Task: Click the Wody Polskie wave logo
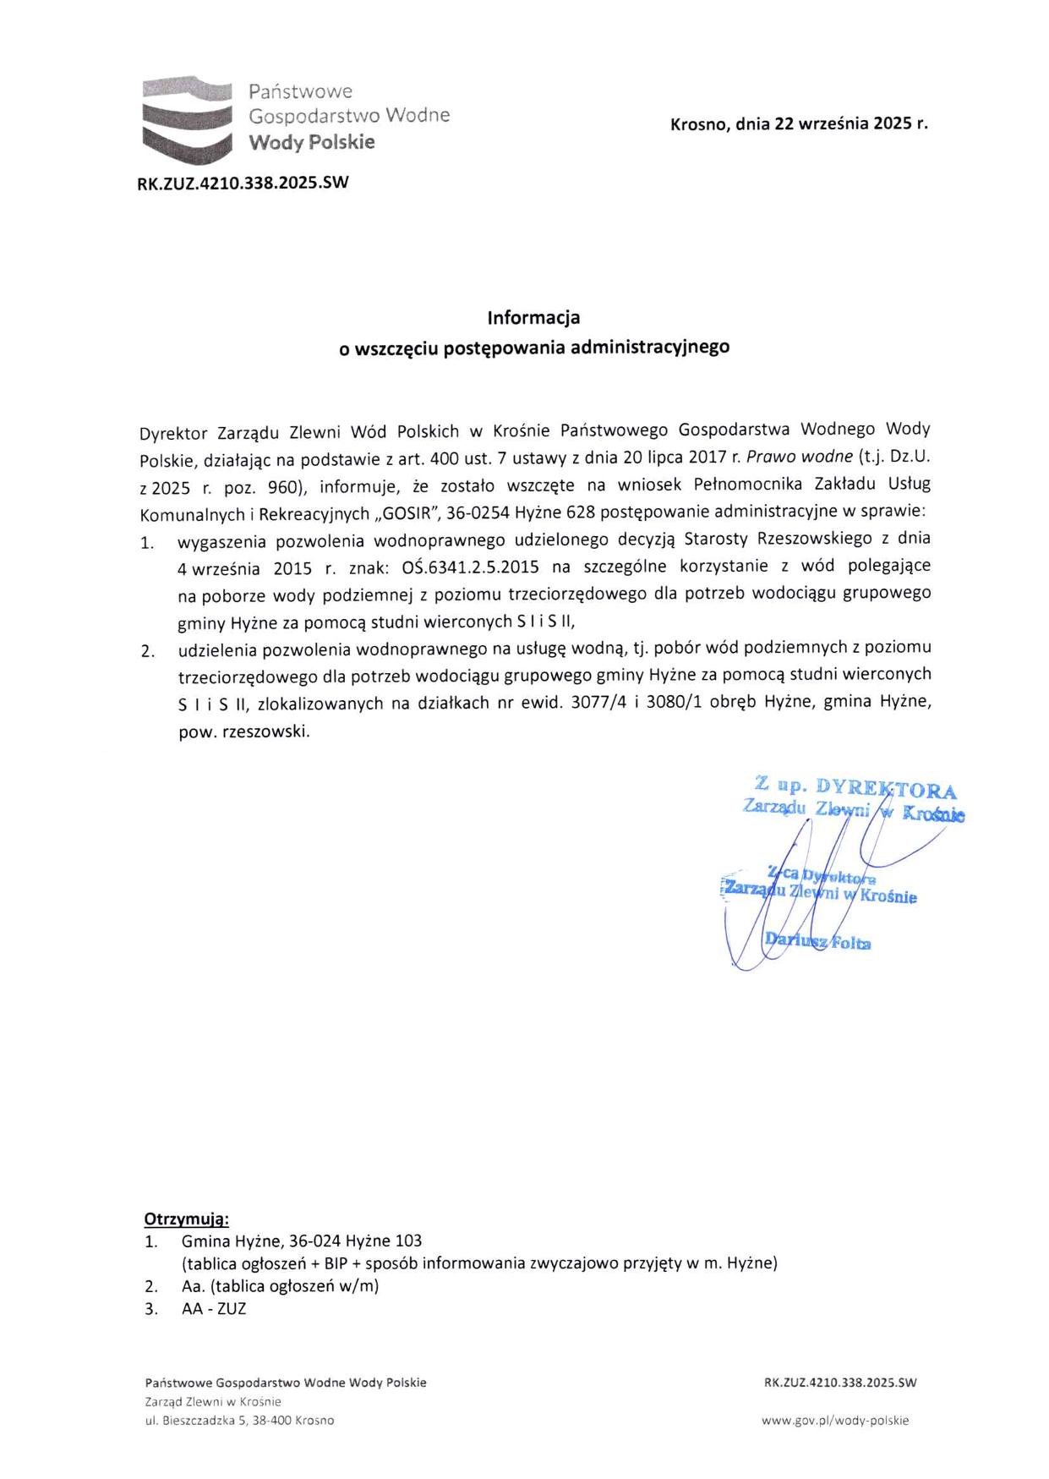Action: click(186, 118)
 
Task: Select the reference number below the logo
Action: click(243, 182)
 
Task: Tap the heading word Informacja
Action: click(533, 318)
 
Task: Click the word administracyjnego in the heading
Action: click(650, 347)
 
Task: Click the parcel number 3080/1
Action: click(674, 703)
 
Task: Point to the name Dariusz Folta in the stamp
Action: click(817, 941)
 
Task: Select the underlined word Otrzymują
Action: click(187, 1219)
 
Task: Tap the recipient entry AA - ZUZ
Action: click(214, 1309)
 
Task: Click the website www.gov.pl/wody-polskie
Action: click(834, 1421)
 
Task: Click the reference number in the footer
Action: click(839, 1383)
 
